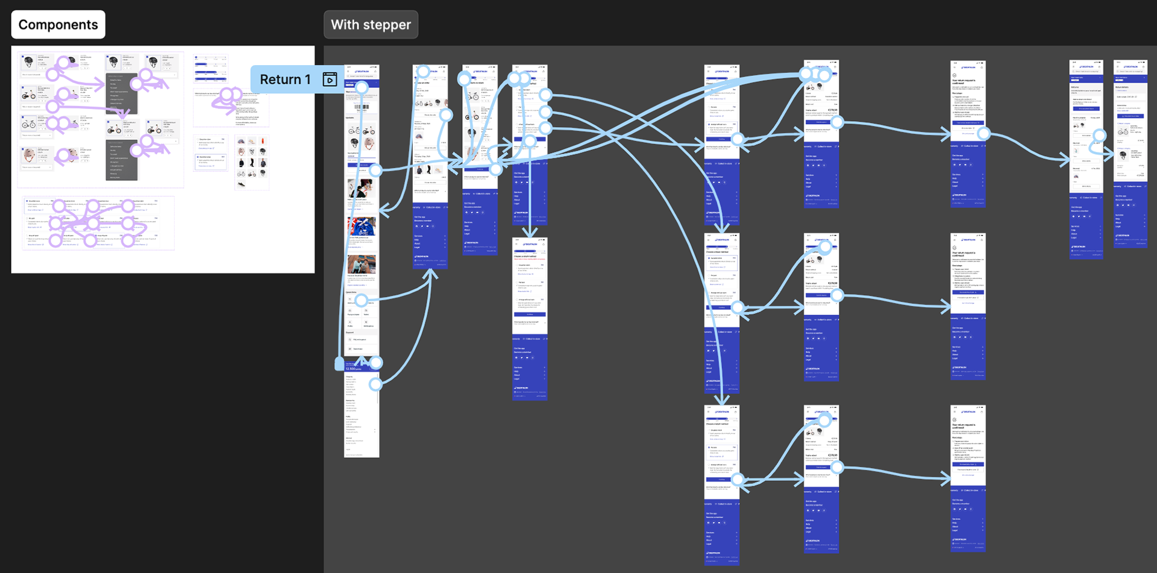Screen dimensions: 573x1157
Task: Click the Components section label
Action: click(x=58, y=25)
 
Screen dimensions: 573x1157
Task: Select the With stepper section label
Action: click(x=371, y=25)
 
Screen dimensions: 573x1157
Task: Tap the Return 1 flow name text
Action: click(x=285, y=80)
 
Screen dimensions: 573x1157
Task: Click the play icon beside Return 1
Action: click(x=330, y=80)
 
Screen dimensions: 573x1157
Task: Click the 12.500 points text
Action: click(x=354, y=369)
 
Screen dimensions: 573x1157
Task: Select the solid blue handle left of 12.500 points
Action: click(x=339, y=364)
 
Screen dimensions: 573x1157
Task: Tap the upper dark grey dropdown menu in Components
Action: click(x=122, y=93)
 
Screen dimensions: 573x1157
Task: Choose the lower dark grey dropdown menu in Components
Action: click(x=122, y=160)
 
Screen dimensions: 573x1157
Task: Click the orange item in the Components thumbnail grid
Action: click(x=263, y=141)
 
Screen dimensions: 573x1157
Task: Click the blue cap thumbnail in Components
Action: click(x=241, y=141)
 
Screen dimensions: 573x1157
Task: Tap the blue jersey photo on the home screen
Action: click(x=362, y=227)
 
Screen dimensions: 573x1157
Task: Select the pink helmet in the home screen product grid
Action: click(x=369, y=143)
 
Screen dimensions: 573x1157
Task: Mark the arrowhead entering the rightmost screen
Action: click(x=1110, y=155)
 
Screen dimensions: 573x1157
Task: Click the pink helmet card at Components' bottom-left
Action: click(x=29, y=155)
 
